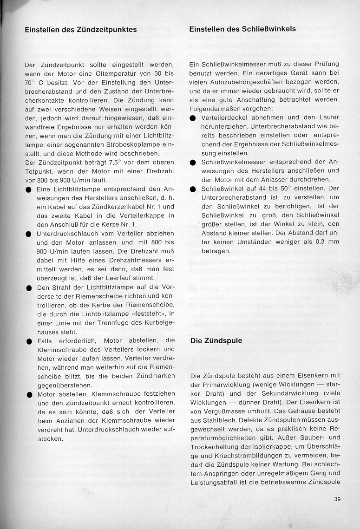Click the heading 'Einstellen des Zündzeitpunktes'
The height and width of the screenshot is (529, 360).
tap(81, 29)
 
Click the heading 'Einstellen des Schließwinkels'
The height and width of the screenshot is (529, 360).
tap(242, 29)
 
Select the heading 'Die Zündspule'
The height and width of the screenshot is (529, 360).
tap(216, 340)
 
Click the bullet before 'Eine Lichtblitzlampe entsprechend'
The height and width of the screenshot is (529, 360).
tap(28, 189)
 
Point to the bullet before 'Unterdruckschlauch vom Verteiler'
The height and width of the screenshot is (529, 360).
tap(28, 234)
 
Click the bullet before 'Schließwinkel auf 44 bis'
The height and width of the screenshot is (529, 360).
tap(193, 189)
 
